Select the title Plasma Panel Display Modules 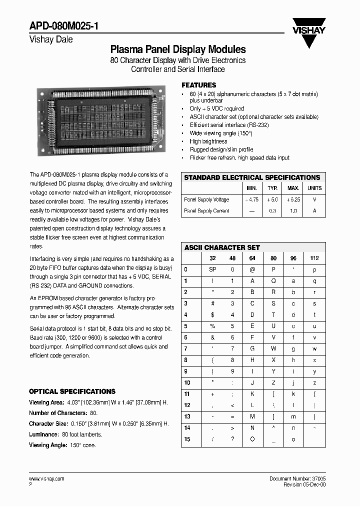(177, 49)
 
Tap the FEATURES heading (198, 85)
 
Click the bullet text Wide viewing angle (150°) (220, 133)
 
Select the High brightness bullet (208, 141)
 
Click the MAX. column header (293, 188)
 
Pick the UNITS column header (314, 188)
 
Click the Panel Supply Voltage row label (206, 199)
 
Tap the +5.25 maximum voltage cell (293, 199)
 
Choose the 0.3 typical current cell (272, 211)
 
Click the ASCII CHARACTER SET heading (222, 247)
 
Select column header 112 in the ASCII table (314, 258)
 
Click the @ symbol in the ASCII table (252, 269)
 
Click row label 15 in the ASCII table (187, 439)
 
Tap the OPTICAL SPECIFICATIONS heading (72, 391)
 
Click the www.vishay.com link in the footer (46, 478)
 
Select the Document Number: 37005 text (297, 478)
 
